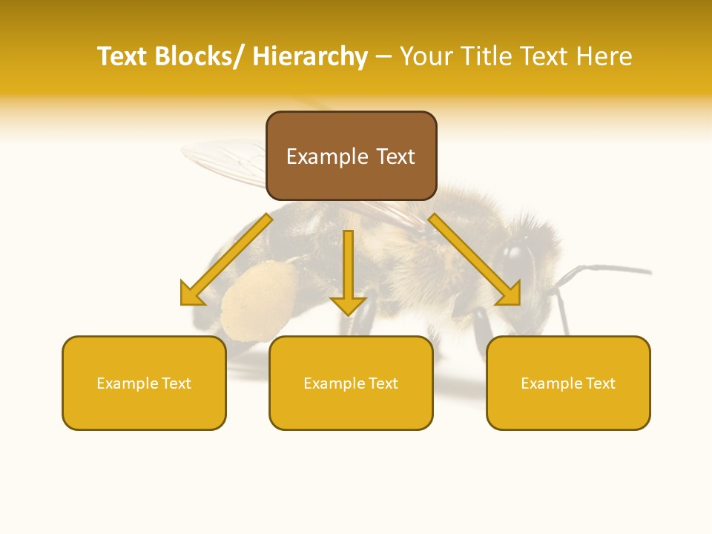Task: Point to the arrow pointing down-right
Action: point(475,260)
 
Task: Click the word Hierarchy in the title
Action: point(310,56)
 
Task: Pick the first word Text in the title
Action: point(124,56)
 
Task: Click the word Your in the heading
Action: point(424,56)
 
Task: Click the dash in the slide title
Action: point(383,56)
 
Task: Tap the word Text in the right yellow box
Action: point(600,383)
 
